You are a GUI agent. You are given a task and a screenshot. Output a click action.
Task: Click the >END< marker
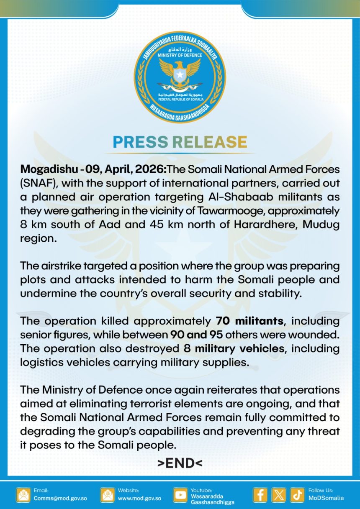(x=180, y=463)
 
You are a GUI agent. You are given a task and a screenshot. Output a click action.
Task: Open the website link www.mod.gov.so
(x=139, y=498)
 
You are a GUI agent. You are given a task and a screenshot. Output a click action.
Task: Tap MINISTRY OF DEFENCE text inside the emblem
(x=180, y=55)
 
